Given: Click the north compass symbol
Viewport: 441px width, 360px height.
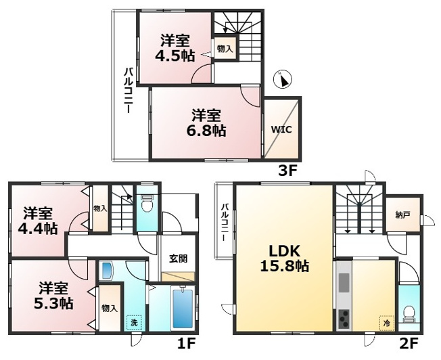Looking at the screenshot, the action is (x=283, y=79).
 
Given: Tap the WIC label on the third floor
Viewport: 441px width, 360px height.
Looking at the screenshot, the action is (x=281, y=130).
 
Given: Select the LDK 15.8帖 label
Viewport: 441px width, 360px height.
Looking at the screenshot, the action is (x=285, y=258).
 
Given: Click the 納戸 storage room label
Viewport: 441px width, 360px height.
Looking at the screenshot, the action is (x=402, y=215).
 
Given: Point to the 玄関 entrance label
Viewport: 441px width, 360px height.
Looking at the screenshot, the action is (x=178, y=258).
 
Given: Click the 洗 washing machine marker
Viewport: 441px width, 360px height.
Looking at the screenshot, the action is (x=134, y=323).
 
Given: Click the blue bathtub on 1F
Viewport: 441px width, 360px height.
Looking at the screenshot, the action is (x=183, y=309).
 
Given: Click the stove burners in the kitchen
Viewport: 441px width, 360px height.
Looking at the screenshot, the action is (x=344, y=319).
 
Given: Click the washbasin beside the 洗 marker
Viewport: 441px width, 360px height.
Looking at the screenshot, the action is (x=106, y=271).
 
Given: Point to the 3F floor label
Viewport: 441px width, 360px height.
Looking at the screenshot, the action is (x=287, y=171).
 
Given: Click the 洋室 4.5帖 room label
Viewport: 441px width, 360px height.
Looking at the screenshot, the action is (x=175, y=48).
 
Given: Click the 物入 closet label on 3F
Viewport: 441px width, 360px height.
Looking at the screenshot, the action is (x=225, y=49).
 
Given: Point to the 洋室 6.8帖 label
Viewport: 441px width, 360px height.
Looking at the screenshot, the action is (x=206, y=123).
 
